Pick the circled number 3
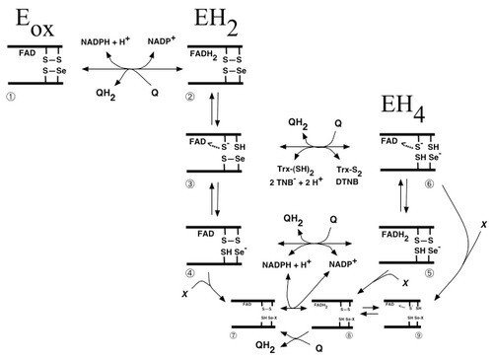click(x=194, y=184)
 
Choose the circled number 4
click(x=194, y=269)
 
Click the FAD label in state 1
click(x=21, y=54)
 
